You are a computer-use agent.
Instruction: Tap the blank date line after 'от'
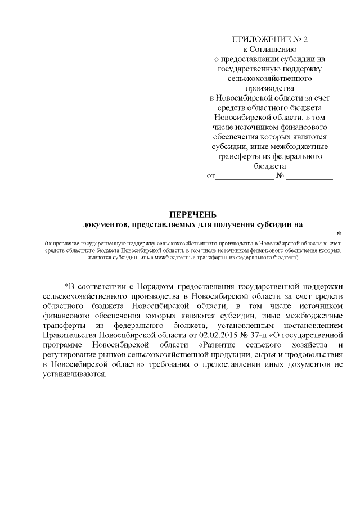click(x=244, y=178)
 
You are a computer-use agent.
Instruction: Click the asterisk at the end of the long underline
click(x=339, y=233)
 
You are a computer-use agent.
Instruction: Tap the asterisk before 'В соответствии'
click(x=66, y=285)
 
